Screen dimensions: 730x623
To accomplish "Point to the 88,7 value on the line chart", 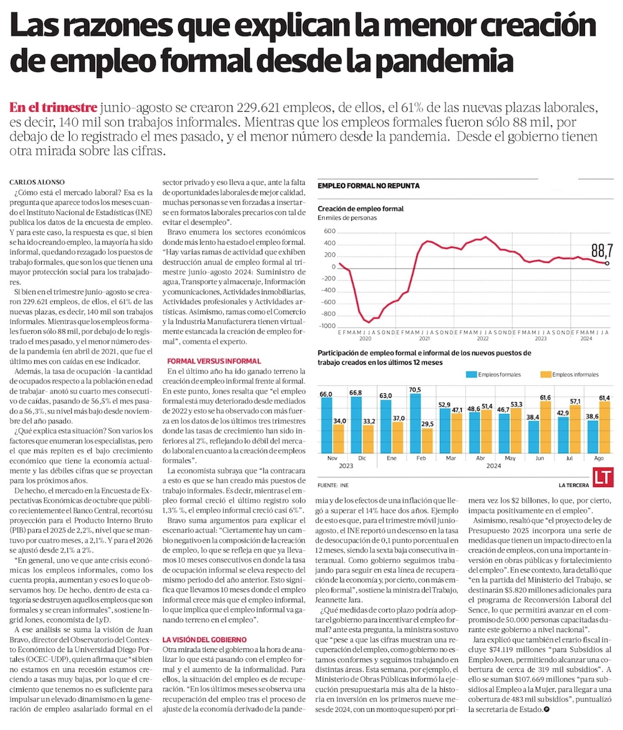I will (602, 251).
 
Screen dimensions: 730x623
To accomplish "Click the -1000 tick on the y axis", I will (328, 326).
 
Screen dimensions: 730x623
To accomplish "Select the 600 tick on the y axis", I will (330, 231).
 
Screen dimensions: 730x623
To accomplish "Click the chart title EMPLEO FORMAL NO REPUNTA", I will (368, 186).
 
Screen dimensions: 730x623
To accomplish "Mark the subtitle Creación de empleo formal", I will (360, 208).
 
